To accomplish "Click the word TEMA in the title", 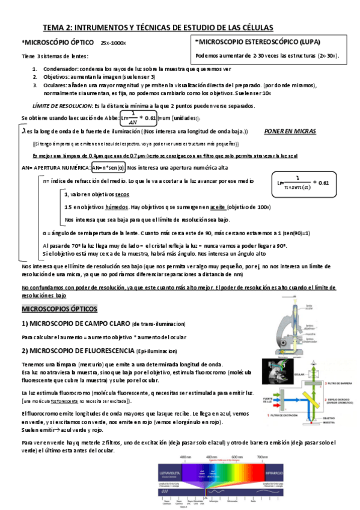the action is [53, 28].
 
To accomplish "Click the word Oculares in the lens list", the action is [55, 85].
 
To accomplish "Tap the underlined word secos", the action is [122, 194].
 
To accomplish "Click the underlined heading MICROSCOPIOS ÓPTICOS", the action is [59, 309].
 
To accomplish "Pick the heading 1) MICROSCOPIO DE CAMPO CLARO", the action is [75, 323].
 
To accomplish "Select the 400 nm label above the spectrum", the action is [185, 458].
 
